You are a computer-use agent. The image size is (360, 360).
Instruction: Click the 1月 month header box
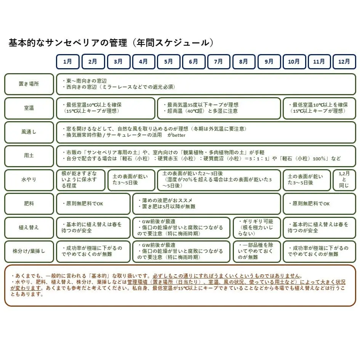(68, 61)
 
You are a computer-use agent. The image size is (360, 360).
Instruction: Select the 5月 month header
(168, 61)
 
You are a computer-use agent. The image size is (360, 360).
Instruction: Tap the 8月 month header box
(244, 61)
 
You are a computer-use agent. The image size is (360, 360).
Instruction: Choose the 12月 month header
(344, 61)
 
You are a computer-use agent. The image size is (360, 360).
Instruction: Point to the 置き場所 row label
(29, 84)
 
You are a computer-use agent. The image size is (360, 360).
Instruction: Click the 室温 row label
(29, 108)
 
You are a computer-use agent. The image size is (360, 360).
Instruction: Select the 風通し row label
(29, 132)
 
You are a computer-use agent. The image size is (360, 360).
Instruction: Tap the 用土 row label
(29, 156)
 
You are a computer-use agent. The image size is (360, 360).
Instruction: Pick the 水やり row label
(29, 180)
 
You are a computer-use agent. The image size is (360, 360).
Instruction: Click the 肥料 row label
(29, 204)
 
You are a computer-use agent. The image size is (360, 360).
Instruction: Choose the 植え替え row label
(29, 227)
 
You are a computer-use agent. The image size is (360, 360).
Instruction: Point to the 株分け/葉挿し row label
(29, 251)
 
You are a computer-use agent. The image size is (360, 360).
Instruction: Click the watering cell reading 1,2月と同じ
(344, 180)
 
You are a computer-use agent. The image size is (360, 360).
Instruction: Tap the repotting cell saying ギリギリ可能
(257, 227)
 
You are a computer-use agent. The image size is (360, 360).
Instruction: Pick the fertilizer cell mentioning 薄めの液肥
(207, 204)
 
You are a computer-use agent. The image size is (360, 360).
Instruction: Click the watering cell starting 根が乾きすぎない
(80, 180)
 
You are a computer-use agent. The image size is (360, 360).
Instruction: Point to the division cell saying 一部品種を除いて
(257, 251)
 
